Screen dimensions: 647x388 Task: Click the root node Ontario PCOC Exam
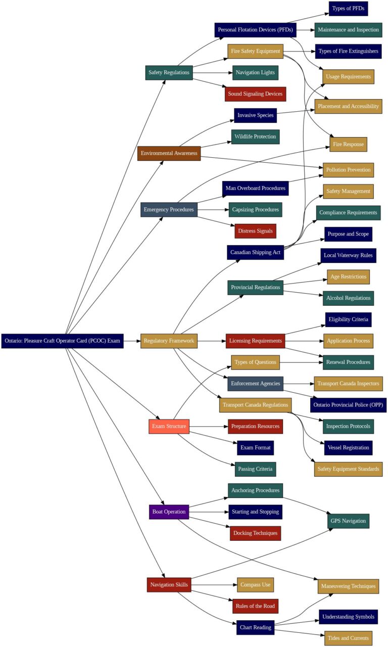coord(62,341)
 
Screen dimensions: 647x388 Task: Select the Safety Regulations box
coord(169,72)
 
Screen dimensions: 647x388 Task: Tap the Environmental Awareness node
coord(169,153)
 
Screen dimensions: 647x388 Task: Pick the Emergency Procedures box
coord(169,209)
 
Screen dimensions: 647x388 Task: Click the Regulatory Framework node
coord(169,341)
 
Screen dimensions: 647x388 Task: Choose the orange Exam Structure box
coord(169,426)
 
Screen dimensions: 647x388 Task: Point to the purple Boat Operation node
coord(169,512)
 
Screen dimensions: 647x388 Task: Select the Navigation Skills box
coord(169,585)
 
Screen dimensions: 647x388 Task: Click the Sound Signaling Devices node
coord(255,94)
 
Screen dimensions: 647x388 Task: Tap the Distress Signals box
coord(255,231)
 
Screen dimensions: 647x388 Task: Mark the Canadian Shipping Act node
coord(255,252)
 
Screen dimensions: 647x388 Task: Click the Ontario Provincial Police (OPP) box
coord(348,405)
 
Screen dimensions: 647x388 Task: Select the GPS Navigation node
coord(348,521)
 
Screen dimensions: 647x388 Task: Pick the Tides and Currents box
coord(348,638)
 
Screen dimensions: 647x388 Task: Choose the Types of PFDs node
coord(348,9)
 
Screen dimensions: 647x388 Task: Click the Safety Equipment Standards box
coord(348,469)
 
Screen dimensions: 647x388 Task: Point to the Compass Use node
coord(255,585)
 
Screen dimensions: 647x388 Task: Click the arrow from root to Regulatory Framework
coord(132,341)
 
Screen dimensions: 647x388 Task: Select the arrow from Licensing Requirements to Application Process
coord(304,341)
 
